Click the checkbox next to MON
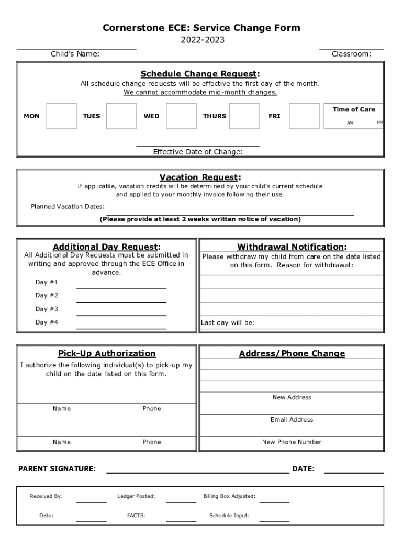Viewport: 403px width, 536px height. point(61,116)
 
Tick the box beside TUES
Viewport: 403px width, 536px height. point(121,116)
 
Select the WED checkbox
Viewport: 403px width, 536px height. point(181,116)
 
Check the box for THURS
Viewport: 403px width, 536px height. point(244,116)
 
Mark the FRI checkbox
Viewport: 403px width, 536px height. point(304,116)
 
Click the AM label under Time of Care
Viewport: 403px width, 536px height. point(350,123)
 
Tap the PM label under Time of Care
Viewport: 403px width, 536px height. point(380,122)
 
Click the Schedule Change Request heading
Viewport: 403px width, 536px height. point(200,74)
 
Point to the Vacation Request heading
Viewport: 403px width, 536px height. point(200,177)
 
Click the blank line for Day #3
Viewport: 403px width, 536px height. point(121,314)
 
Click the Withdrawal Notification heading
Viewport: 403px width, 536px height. point(292,247)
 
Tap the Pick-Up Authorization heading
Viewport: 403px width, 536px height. point(107,353)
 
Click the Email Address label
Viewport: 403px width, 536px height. point(292,420)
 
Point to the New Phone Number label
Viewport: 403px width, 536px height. point(292,442)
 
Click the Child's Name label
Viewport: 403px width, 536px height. point(75,54)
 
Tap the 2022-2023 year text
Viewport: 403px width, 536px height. point(201,40)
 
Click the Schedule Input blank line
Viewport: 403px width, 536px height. point(274,520)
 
